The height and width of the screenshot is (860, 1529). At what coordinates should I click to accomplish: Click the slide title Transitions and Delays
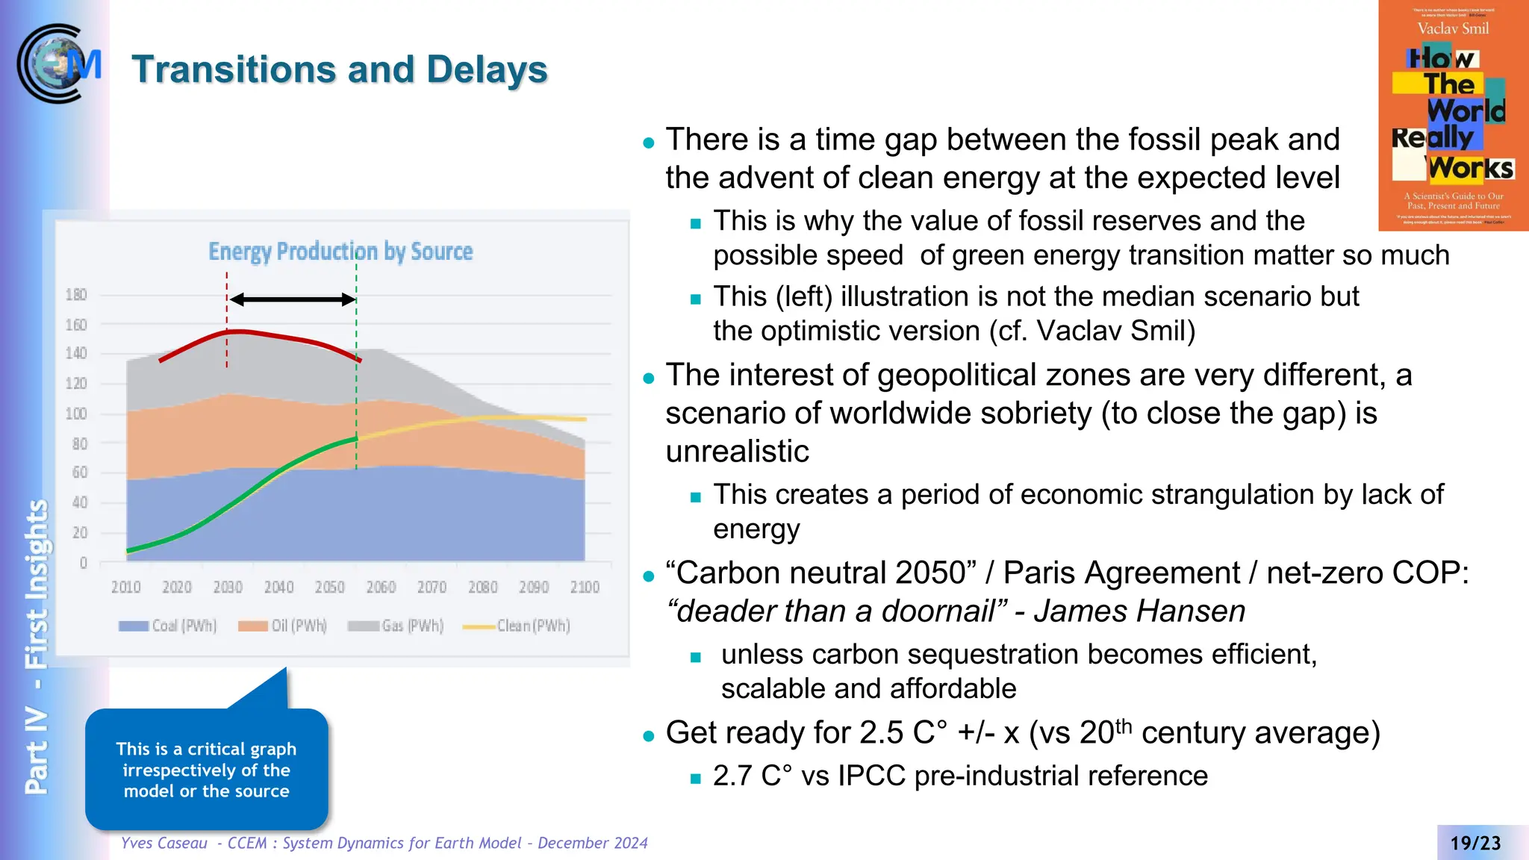340,69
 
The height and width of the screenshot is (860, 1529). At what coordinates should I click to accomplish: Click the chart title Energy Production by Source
340,252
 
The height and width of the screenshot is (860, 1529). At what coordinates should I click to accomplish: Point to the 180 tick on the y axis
76,295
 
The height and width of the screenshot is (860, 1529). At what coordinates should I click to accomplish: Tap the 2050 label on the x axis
329,588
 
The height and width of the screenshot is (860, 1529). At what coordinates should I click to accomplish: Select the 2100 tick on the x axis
585,588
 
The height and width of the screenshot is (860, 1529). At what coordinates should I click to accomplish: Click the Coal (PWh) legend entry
168,626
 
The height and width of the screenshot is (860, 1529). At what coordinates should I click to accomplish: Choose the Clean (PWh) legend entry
517,626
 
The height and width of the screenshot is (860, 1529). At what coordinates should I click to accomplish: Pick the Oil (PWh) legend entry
283,626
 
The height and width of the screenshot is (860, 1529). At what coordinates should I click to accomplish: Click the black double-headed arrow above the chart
292,299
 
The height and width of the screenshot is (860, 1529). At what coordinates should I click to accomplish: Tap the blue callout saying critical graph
207,770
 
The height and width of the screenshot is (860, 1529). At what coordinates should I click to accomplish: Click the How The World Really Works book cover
1453,116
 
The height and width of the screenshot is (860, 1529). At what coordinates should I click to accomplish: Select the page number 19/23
1475,843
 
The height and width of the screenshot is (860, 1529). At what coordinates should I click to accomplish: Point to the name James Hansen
1139,611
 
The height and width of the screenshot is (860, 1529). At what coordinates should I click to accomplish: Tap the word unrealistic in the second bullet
738,452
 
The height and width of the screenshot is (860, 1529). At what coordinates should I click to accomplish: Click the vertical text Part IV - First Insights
36,646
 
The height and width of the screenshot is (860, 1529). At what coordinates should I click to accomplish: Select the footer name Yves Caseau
164,843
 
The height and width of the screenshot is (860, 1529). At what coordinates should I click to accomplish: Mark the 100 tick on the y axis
76,414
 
